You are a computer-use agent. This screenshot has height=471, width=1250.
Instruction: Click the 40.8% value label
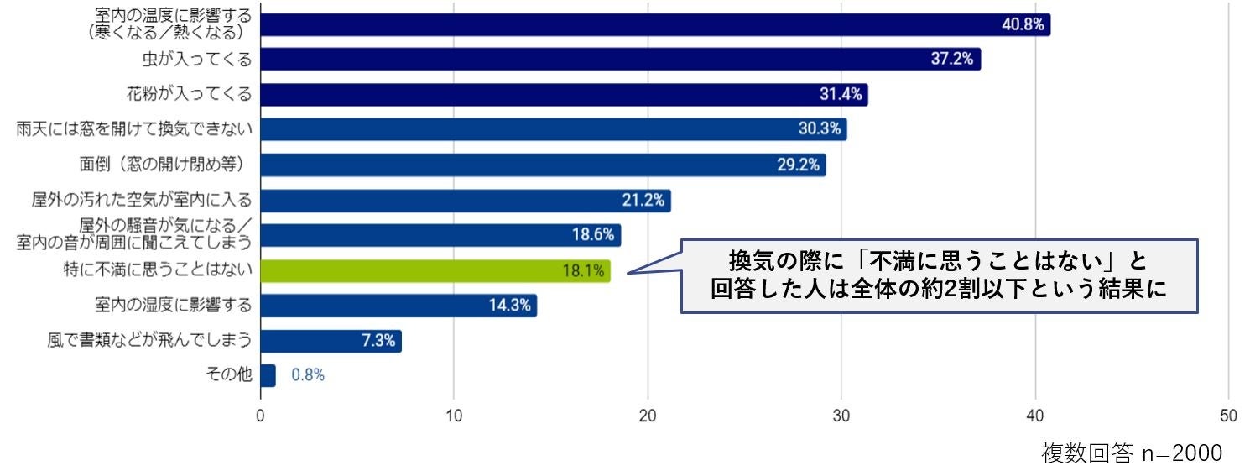(x=1023, y=24)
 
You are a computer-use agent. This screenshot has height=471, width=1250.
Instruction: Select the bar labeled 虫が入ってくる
(x=621, y=60)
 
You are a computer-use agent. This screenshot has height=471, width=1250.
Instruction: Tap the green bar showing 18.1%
(x=435, y=270)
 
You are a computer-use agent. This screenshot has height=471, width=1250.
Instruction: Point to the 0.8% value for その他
(x=308, y=375)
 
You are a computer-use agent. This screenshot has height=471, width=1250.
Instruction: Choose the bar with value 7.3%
(x=331, y=341)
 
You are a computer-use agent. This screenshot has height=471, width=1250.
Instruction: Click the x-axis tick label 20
(x=648, y=415)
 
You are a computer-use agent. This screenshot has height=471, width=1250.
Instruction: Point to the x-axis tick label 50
(x=1228, y=415)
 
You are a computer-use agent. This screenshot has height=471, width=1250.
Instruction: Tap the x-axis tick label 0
(x=261, y=415)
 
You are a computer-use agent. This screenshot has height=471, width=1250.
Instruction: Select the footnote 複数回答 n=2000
(x=1132, y=453)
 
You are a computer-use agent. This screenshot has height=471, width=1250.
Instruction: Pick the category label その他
(x=229, y=375)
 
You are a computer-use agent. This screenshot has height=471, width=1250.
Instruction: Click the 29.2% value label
(x=798, y=165)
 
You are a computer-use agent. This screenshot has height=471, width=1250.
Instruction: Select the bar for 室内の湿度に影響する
(x=398, y=306)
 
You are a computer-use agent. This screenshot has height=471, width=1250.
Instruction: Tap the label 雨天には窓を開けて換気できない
(x=134, y=129)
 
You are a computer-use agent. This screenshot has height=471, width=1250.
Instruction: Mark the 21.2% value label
(x=643, y=201)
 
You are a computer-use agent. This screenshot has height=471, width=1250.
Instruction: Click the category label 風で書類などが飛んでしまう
(x=150, y=340)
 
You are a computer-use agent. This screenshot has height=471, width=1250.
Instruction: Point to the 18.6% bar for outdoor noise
(x=440, y=235)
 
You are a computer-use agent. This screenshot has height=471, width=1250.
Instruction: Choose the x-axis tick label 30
(x=841, y=415)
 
